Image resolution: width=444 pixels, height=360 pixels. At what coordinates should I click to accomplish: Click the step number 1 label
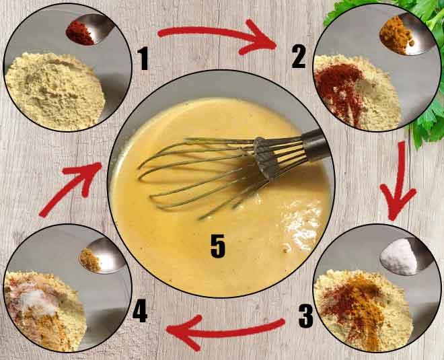(x=143, y=60)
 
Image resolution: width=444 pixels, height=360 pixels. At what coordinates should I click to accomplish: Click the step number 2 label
(x=299, y=59)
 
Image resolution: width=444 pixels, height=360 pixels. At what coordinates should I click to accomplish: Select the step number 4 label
(x=140, y=311)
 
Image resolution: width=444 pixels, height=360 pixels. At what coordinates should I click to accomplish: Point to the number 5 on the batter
(x=217, y=247)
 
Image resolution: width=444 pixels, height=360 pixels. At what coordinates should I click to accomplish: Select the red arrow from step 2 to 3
(x=398, y=178)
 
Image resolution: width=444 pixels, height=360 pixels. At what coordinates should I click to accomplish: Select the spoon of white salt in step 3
(x=397, y=257)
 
